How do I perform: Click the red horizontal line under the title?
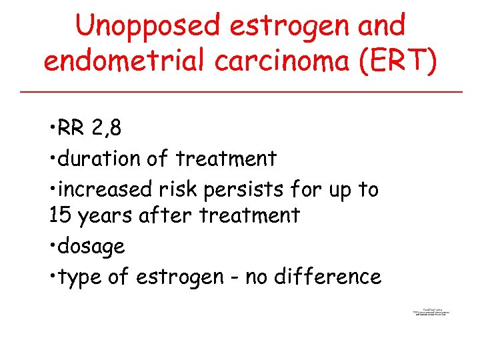[x=240, y=91]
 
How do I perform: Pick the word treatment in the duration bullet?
[x=226, y=159]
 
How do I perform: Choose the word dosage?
[x=91, y=247]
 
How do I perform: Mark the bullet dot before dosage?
[x=52, y=246]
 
